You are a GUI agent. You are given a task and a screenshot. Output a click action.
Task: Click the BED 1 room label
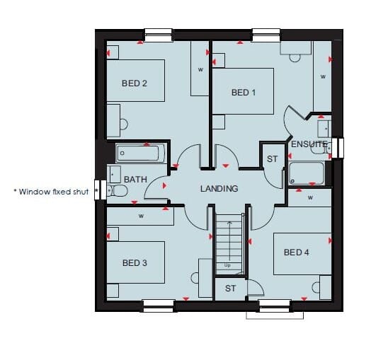click(x=244, y=93)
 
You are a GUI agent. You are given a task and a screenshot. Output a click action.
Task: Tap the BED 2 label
click(x=135, y=83)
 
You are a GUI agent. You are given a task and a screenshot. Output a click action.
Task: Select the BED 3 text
click(x=135, y=263)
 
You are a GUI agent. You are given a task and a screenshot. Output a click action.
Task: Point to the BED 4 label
click(x=297, y=252)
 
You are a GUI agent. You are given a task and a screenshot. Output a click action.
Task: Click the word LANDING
click(x=219, y=189)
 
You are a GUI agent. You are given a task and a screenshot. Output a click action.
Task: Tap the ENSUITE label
click(x=309, y=144)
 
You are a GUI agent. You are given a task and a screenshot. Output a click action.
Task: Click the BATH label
click(x=135, y=180)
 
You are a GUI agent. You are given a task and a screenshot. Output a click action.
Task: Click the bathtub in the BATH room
click(x=140, y=153)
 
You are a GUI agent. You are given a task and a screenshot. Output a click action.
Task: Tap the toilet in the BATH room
click(x=118, y=190)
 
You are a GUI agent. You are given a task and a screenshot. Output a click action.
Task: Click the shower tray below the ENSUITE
click(x=307, y=173)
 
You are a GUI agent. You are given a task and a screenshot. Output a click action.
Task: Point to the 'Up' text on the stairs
click(x=227, y=265)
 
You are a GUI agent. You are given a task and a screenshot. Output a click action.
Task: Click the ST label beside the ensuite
click(x=272, y=159)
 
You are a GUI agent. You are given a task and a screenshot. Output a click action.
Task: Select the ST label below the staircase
click(x=230, y=289)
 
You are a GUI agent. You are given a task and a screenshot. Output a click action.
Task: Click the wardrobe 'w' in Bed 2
click(x=200, y=69)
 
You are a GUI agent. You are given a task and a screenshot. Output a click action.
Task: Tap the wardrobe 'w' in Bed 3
click(x=142, y=216)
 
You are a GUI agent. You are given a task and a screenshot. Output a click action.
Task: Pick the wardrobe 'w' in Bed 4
click(x=310, y=197)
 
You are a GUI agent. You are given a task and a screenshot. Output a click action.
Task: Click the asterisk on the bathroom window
click(x=96, y=190)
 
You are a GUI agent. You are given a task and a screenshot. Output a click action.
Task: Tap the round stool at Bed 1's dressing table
click(x=295, y=59)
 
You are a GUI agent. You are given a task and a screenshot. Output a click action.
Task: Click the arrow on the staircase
click(x=229, y=240)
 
